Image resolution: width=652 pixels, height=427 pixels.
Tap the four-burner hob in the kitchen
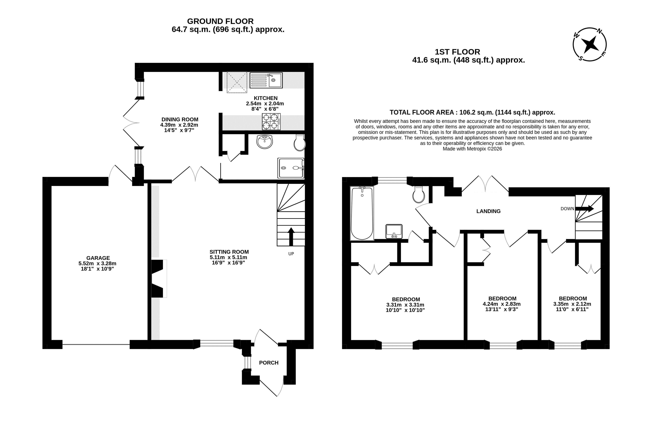pos(271,122)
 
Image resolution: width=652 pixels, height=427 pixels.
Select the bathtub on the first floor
pos(362,213)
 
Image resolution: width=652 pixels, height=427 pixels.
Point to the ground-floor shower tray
pos(291,168)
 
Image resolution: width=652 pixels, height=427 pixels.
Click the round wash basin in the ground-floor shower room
pos(265,142)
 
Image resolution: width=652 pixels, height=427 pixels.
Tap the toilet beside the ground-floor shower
pos(299,142)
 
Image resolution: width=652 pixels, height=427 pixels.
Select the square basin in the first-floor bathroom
pos(394,231)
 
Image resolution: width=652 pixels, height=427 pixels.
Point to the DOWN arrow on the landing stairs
pos(584,208)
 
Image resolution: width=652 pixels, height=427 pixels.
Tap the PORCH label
pos(269,363)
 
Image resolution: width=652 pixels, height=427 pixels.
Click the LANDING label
pos(488,211)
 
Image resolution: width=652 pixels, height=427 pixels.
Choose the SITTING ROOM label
pos(229,252)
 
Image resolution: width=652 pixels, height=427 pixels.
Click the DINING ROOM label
pos(180,119)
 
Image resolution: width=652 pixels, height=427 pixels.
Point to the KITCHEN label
pos(265,98)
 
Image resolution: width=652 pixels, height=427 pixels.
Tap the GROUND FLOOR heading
pos(220,21)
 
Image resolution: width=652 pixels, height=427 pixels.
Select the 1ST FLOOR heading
pos(457,52)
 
